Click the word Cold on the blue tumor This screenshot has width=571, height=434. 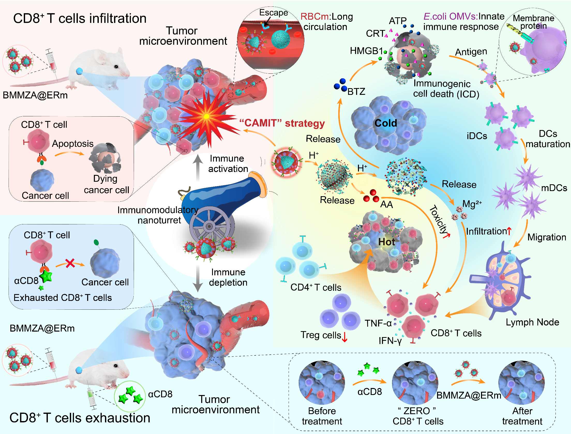pyautogui.click(x=386, y=123)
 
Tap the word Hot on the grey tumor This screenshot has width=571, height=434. pyautogui.click(x=386, y=242)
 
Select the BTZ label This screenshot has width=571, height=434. pyautogui.click(x=356, y=92)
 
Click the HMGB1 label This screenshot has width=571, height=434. pyautogui.click(x=366, y=51)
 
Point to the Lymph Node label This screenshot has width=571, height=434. pyautogui.click(x=532, y=322)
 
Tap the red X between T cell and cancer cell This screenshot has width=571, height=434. pyautogui.click(x=70, y=263)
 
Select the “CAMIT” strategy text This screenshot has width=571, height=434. pyautogui.click(x=282, y=123)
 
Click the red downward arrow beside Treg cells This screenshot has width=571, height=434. pyautogui.click(x=344, y=337)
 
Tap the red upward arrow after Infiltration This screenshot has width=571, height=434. pyautogui.click(x=509, y=231)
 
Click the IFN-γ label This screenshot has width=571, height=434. pyautogui.click(x=390, y=341)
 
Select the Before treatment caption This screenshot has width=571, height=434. pyautogui.click(x=322, y=416)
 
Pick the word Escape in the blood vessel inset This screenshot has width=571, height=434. pyautogui.click(x=273, y=12)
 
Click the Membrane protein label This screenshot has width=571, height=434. pyautogui.click(x=533, y=22)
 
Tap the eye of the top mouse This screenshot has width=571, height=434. pyautogui.click(x=116, y=67)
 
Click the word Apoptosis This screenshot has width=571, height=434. pyautogui.click(x=73, y=144)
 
